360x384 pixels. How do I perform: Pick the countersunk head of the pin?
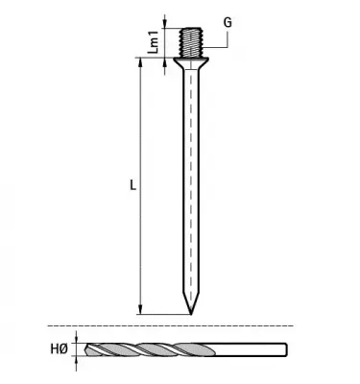pyautogui.click(x=193, y=64)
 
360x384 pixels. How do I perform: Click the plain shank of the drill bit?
pyautogui.click(x=254, y=351)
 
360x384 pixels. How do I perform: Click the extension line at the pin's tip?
pyautogui.click(x=163, y=314)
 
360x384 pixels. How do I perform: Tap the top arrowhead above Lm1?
pyautogui.click(x=166, y=22)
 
